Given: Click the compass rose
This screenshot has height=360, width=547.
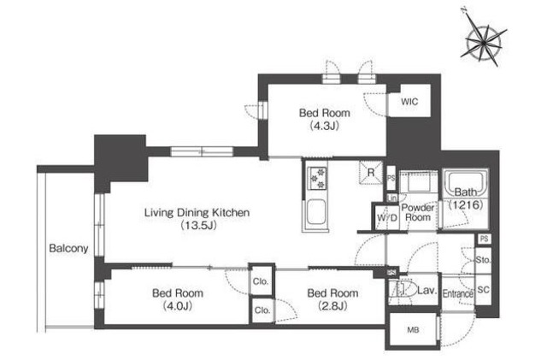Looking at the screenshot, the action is tap(484, 41).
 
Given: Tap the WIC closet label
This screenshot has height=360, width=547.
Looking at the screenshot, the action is tap(409, 102).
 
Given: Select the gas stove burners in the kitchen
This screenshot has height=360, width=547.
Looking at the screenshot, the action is tap(318, 178).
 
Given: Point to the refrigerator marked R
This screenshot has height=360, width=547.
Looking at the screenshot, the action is tap(371, 172).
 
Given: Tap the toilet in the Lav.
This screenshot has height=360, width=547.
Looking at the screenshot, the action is tap(403, 290).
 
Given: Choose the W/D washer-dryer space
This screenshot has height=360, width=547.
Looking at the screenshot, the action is tap(387, 217).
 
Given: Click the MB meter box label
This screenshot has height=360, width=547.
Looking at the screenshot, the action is tap(413, 329).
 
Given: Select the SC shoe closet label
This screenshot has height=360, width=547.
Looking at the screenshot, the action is tap(483, 290).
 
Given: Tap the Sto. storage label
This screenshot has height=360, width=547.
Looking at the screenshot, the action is tap(483, 260).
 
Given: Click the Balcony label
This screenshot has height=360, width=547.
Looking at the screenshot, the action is tap(68, 248).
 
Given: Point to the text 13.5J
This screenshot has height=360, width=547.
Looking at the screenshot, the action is tap(198, 225).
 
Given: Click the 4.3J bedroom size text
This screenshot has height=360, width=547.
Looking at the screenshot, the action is tap(325, 126).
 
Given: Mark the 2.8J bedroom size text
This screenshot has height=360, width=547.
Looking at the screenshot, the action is tap(332, 306).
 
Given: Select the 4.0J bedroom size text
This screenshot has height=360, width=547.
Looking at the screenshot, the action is tap(178, 306).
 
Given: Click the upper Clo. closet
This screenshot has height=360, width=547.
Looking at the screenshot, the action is tap(262, 281).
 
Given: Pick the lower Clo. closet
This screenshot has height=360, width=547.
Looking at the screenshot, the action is tap(262, 310).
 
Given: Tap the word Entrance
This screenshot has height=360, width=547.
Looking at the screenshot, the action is tap(458, 293).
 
